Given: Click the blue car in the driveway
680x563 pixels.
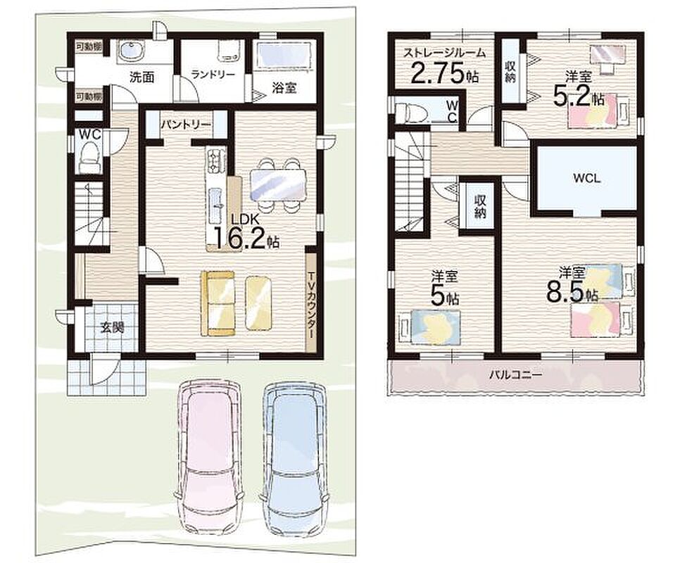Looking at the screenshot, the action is [x=294, y=457].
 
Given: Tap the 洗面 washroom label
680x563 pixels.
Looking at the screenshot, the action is [x=142, y=77].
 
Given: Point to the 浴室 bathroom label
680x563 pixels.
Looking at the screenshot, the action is [x=284, y=88].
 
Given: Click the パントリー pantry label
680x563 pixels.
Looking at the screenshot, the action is [x=186, y=125].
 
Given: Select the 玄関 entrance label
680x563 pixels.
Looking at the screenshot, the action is [x=113, y=327].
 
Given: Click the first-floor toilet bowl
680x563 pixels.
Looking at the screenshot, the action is [x=90, y=158].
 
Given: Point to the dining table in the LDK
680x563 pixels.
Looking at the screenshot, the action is [x=278, y=184].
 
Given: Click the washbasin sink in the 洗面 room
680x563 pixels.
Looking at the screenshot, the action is [x=128, y=51].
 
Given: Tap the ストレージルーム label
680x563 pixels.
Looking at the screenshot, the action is [x=444, y=53].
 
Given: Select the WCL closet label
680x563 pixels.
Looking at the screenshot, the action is [x=587, y=178].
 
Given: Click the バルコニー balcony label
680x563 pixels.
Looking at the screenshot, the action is [x=516, y=374].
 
